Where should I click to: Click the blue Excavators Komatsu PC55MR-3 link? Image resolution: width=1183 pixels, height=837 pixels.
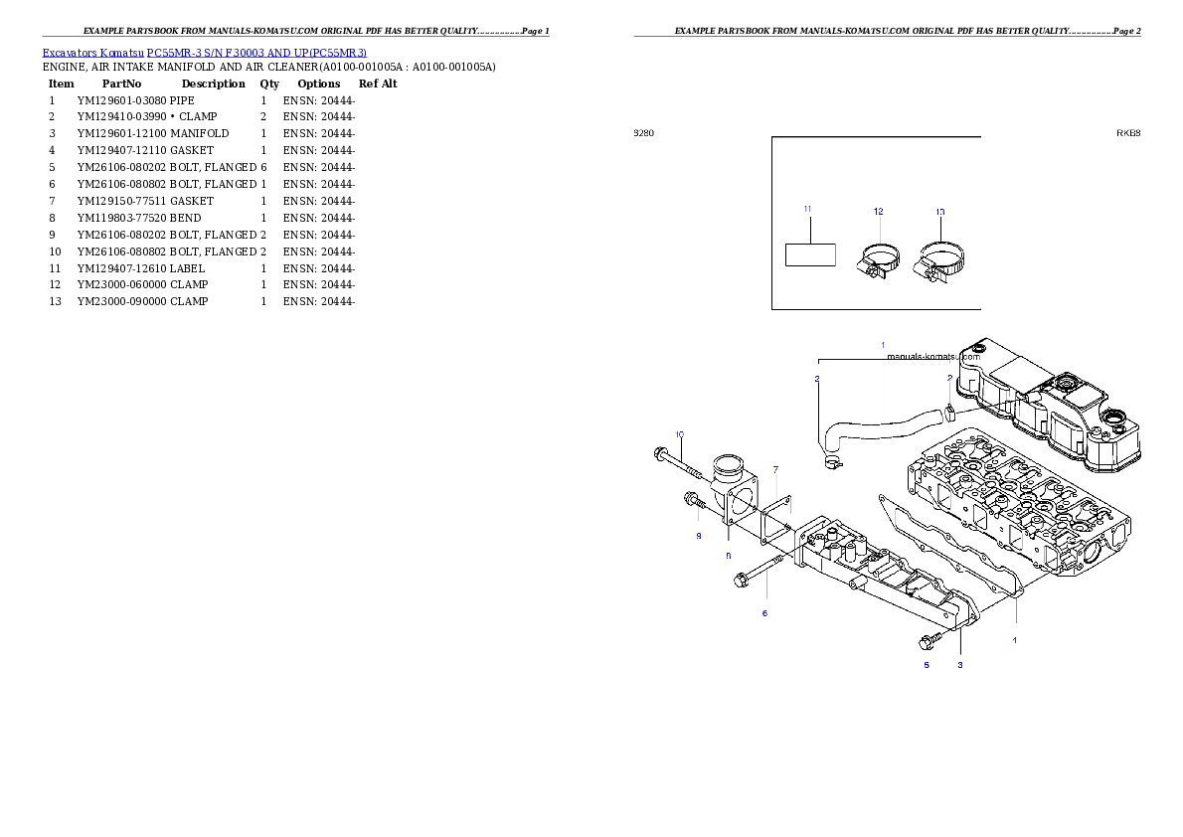[204, 53]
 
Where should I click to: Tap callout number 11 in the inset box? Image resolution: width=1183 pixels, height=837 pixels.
[807, 209]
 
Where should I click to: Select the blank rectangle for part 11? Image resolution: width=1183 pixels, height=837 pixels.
[810, 253]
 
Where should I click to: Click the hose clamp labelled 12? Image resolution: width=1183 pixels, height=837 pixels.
[877, 261]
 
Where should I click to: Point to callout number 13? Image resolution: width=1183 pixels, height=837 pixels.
[940, 212]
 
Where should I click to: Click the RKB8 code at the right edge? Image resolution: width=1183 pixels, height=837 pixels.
[1127, 132]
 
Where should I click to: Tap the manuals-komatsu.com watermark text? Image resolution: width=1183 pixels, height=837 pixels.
[932, 357]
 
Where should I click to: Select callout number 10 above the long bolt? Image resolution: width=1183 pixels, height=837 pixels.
[680, 434]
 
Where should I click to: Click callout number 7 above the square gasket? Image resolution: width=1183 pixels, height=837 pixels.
[775, 468]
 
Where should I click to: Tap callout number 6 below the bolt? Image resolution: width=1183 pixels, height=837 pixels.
[764, 613]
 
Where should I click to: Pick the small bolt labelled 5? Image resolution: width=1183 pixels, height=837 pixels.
[930, 639]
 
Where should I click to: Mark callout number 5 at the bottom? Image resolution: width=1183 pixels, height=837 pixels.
[927, 664]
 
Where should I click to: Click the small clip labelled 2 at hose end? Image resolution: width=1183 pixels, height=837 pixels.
[951, 411]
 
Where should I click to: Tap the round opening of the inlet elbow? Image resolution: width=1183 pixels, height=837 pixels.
[731, 463]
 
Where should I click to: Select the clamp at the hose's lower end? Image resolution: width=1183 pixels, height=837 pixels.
[831, 461]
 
